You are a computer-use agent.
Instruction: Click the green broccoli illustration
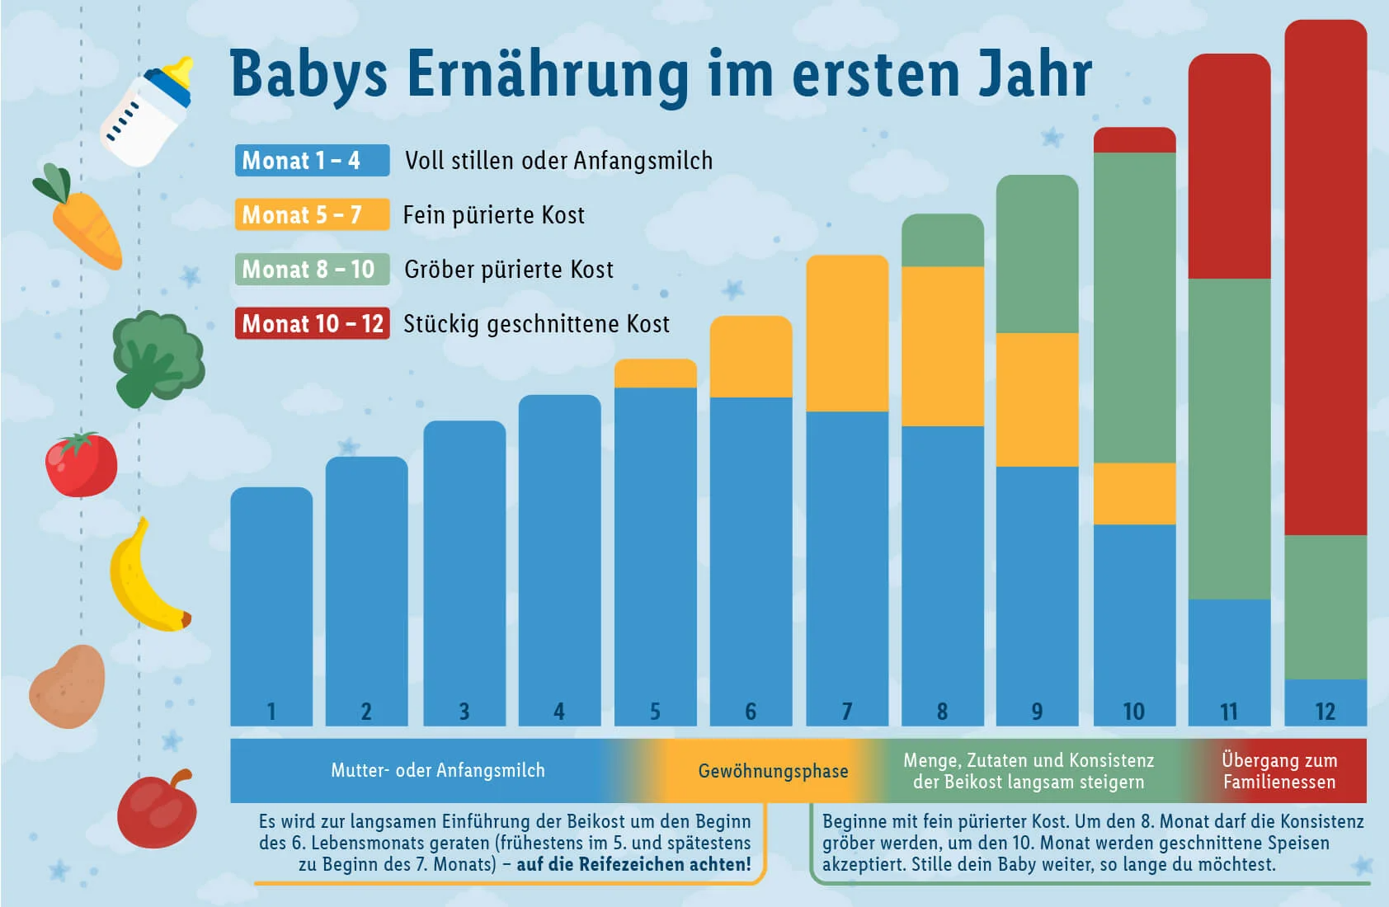tap(157, 355)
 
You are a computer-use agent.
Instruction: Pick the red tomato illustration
tap(81, 466)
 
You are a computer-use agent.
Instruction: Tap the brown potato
tap(68, 687)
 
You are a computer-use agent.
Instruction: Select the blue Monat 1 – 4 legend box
tap(312, 160)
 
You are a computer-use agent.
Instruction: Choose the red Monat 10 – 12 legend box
tap(312, 323)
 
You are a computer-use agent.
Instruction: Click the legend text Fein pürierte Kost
tap(493, 215)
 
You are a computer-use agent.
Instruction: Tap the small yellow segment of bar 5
tap(655, 374)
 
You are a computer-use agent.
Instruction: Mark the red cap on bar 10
tap(1134, 140)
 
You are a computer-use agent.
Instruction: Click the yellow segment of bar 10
tap(1134, 493)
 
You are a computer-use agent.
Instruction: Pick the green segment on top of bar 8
tap(942, 241)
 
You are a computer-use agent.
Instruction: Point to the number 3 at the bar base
tap(464, 711)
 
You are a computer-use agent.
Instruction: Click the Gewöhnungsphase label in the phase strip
tap(773, 771)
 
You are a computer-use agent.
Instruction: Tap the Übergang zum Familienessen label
tap(1278, 771)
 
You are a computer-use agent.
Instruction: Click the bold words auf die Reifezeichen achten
tap(633, 864)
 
